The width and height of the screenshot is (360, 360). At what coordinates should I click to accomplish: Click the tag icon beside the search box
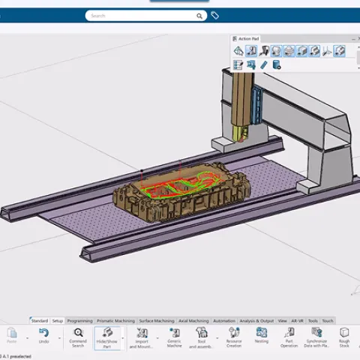tap(214, 15)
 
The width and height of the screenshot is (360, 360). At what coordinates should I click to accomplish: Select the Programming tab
tap(79, 320)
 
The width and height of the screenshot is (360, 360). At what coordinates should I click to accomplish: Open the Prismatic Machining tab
tap(115, 320)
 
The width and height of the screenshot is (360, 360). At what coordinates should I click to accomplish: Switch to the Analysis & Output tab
tap(257, 320)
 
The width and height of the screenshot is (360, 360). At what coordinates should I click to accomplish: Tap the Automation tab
tap(224, 320)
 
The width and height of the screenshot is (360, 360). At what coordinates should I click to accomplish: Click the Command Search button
tap(78, 337)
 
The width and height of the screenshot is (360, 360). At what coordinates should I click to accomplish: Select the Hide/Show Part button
tap(107, 337)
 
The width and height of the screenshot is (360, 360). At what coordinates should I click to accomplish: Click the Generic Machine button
tap(174, 337)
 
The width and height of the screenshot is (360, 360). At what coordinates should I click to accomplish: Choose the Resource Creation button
tap(234, 337)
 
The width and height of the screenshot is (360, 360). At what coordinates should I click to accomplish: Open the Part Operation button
tap(289, 337)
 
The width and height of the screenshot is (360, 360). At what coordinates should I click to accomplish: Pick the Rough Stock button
tap(344, 337)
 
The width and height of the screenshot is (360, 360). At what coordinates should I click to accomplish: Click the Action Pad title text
tap(249, 38)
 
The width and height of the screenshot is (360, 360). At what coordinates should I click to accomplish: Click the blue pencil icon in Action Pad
tap(263, 65)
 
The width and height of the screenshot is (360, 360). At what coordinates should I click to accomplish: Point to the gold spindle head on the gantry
tap(240, 133)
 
